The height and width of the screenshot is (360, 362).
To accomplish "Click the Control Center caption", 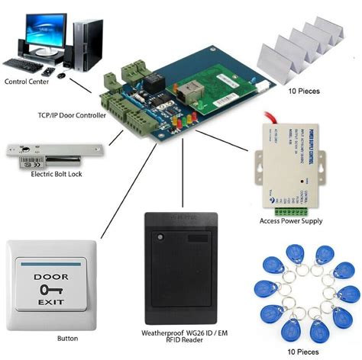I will point(28,81).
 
